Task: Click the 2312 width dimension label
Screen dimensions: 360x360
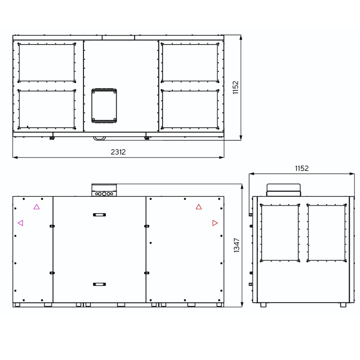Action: point(118,152)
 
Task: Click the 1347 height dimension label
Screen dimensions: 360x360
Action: point(237,246)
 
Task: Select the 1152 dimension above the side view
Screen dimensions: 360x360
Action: point(302,168)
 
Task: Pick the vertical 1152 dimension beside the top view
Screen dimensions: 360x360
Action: point(235,87)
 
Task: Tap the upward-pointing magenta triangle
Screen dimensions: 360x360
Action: point(36,207)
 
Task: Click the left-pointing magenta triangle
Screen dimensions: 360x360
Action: point(21,223)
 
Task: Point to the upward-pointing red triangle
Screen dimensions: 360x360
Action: point(199,207)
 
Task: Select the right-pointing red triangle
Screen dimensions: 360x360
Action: point(215,223)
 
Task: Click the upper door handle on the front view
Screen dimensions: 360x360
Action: point(99,215)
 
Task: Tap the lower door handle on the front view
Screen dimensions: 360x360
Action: point(99,284)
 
